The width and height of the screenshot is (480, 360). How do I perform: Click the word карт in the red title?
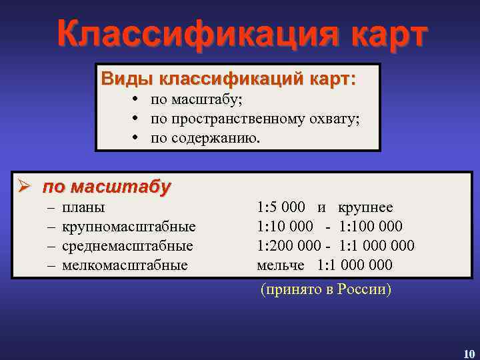[x=378, y=33]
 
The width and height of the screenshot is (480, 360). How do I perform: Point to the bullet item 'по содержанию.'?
[x=207, y=138]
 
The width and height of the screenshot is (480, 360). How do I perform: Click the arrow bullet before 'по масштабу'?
[x=25, y=186]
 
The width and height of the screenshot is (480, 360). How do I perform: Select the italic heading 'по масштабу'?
[x=107, y=186]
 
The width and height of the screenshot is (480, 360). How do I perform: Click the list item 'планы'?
[x=83, y=207]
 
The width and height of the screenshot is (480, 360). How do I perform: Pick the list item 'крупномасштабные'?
[x=129, y=227]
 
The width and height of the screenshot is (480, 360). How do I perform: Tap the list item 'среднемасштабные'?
[x=127, y=246]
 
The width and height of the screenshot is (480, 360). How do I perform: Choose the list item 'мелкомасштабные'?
[x=125, y=265]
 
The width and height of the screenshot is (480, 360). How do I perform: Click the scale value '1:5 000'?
[x=281, y=207]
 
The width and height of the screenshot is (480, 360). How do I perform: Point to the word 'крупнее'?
[x=365, y=207]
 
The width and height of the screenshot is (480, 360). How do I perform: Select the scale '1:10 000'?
[x=285, y=227]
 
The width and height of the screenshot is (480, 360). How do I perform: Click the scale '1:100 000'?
[x=371, y=227]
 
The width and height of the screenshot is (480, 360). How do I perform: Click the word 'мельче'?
[x=281, y=265]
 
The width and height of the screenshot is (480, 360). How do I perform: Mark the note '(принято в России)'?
[x=325, y=290]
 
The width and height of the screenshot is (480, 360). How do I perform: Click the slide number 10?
[x=469, y=353]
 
